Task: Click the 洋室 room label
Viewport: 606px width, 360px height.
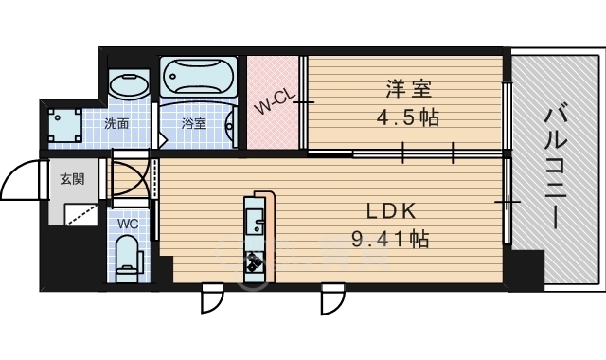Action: (x=408, y=88)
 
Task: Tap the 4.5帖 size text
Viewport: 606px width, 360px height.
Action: (x=408, y=117)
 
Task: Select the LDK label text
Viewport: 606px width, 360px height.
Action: (x=391, y=211)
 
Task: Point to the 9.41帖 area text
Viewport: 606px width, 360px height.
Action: (x=390, y=239)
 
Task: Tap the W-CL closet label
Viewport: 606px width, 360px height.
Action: (x=276, y=102)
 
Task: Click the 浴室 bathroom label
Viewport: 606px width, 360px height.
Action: (x=194, y=124)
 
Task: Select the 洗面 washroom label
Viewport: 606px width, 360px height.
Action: (x=116, y=124)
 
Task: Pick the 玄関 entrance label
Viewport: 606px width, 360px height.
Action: (x=72, y=179)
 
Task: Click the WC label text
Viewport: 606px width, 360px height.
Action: (x=128, y=224)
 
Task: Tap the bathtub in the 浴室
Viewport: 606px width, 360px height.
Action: (x=198, y=77)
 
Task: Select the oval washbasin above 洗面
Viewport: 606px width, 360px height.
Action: (x=129, y=86)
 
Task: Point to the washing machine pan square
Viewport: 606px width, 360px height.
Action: (x=65, y=125)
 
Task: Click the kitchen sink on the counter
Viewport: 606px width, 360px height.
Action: (x=254, y=222)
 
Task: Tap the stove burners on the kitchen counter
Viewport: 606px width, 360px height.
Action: (x=254, y=261)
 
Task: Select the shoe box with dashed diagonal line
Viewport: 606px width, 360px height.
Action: (x=80, y=214)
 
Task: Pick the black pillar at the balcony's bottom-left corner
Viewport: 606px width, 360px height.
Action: (x=526, y=270)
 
